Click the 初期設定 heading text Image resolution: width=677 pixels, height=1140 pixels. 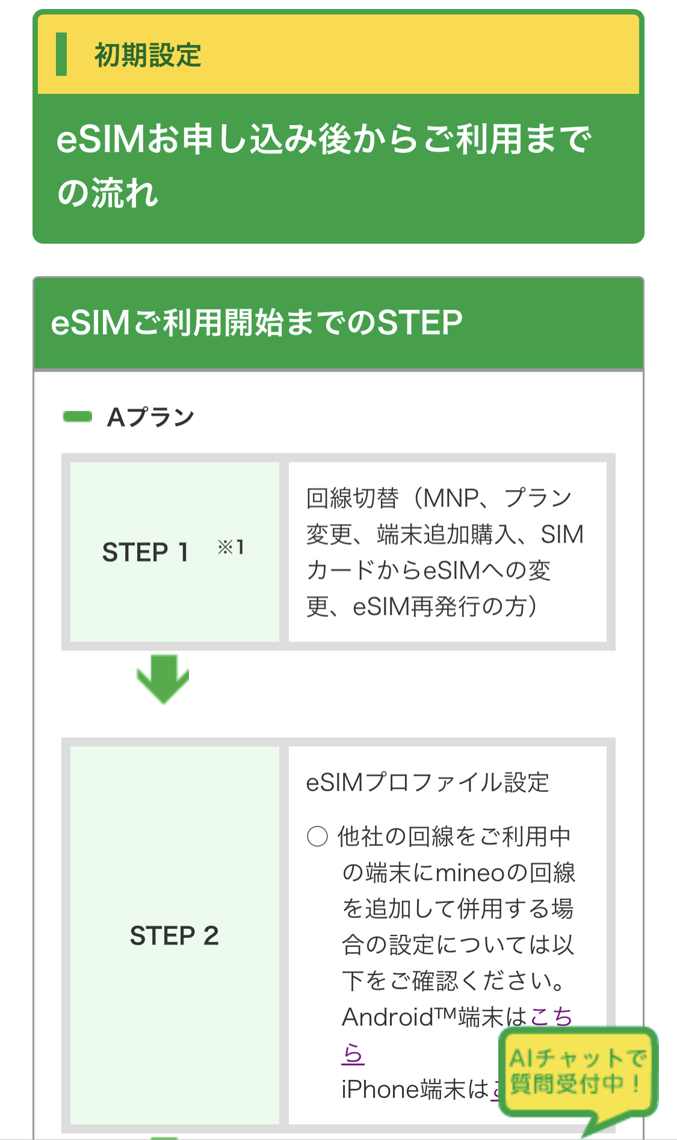(147, 55)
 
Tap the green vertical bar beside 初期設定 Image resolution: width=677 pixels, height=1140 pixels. (61, 55)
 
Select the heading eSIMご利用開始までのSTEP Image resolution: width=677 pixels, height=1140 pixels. (256, 322)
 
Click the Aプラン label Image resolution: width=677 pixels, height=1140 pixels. (150, 417)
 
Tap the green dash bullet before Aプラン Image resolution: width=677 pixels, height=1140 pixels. (78, 416)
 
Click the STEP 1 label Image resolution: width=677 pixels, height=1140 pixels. (146, 552)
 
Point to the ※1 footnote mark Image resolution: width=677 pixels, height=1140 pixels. (230, 547)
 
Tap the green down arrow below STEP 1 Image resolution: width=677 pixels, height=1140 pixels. (162, 679)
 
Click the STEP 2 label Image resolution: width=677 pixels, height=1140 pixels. (174, 935)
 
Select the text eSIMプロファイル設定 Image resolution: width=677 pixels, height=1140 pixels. (427, 783)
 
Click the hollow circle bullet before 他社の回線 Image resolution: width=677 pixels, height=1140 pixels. (317, 836)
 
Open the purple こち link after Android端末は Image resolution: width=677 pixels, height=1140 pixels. (551, 1017)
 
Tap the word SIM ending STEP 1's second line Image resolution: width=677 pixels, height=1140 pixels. (562, 534)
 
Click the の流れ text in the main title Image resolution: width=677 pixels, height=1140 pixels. (108, 194)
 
